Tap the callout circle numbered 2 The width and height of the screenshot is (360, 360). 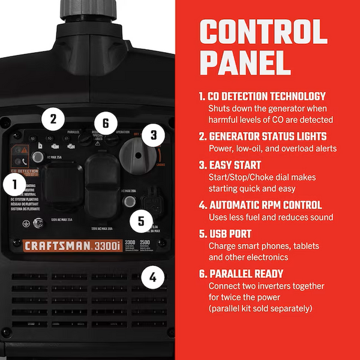point(53,118)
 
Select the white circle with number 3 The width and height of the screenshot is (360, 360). point(154,134)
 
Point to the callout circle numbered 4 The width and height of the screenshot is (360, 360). point(154,277)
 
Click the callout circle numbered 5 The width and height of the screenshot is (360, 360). point(141,220)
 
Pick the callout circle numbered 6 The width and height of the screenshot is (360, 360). point(106,124)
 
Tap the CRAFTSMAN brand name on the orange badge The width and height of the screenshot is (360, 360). point(58,245)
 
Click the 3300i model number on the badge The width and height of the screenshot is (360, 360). point(112,245)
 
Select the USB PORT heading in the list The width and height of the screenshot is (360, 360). point(230,233)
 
